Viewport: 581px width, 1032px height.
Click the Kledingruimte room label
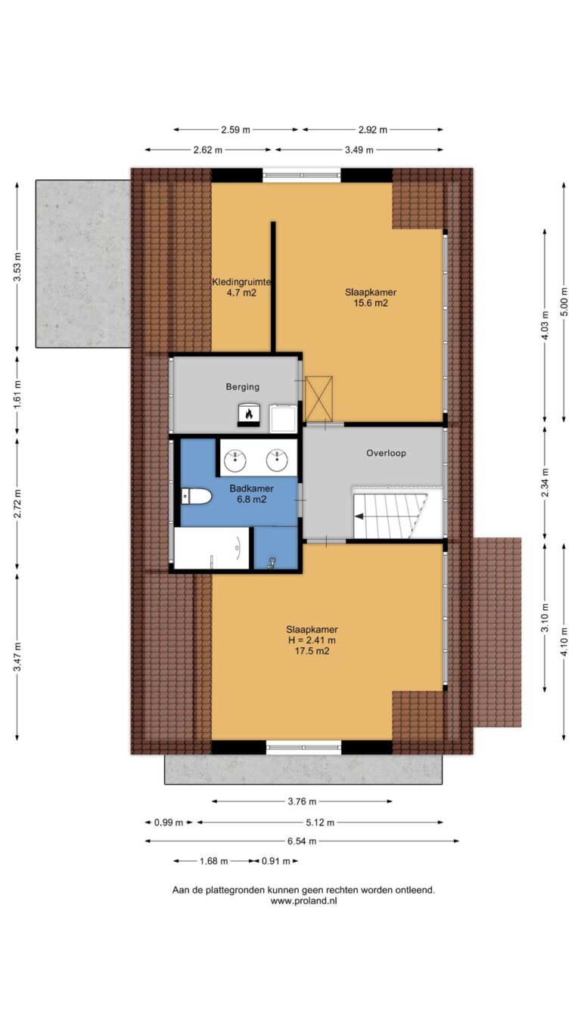click(241, 282)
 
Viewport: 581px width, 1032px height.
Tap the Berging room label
click(243, 387)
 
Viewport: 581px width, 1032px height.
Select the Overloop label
click(386, 454)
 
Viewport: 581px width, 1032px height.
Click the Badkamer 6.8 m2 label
click(252, 494)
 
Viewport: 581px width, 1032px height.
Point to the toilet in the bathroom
click(196, 497)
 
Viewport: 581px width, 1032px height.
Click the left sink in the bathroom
click(235, 460)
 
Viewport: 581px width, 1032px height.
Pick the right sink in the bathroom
click(277, 460)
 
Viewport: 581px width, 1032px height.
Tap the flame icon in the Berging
click(249, 413)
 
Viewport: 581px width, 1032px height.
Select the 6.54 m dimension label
click(302, 841)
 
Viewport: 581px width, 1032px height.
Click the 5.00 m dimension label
click(564, 302)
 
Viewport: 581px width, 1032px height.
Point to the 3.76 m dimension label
click(302, 801)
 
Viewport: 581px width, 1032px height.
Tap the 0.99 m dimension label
click(168, 823)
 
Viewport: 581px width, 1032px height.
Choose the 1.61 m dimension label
click(17, 393)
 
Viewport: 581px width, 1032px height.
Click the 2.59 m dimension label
click(235, 130)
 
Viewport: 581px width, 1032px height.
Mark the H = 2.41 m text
click(312, 640)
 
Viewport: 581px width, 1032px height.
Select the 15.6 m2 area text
click(371, 303)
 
